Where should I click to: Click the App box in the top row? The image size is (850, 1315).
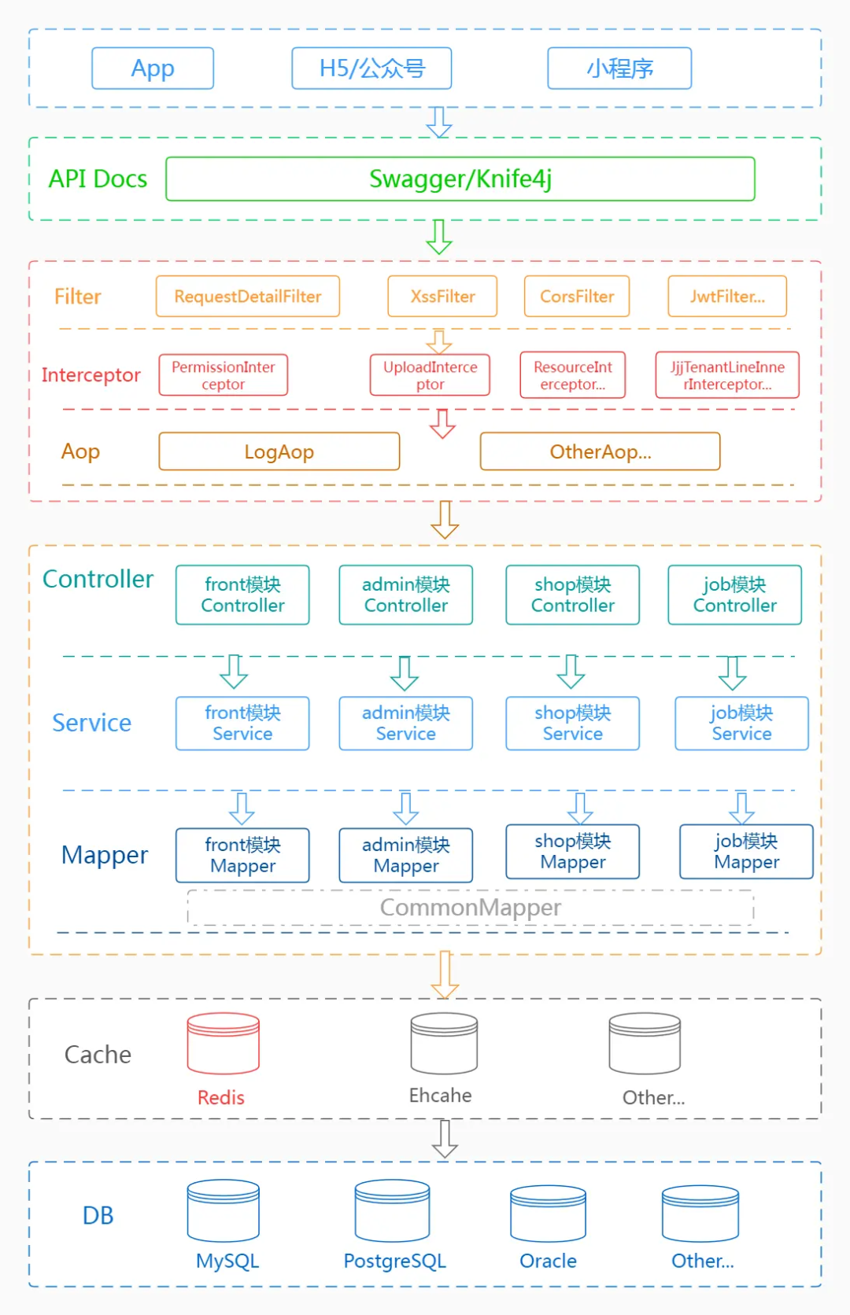pyautogui.click(x=153, y=68)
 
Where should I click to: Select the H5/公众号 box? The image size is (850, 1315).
pyautogui.click(x=371, y=68)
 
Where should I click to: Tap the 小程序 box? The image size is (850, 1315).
pyautogui.click(x=619, y=68)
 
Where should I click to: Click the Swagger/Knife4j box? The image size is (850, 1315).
pyautogui.click(x=460, y=179)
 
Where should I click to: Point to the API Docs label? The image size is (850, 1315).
pyautogui.click(x=98, y=179)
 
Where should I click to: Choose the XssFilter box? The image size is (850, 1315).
pyautogui.click(x=442, y=297)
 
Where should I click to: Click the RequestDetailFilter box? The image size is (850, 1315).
pyautogui.click(x=248, y=297)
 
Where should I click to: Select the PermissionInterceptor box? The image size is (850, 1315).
pyautogui.click(x=224, y=375)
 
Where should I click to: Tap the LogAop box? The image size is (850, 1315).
pyautogui.click(x=279, y=451)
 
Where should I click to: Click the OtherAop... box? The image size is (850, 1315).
pyautogui.click(x=600, y=451)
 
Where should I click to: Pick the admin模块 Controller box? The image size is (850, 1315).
pyautogui.click(x=406, y=595)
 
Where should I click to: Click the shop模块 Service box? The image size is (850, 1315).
pyautogui.click(x=572, y=723)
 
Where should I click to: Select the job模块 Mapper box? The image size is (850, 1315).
pyautogui.click(x=746, y=851)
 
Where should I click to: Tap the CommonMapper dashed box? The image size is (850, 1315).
pyautogui.click(x=471, y=908)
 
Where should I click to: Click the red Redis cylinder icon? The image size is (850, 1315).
pyautogui.click(x=224, y=1044)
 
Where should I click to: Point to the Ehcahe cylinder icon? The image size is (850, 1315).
pyautogui.click(x=444, y=1044)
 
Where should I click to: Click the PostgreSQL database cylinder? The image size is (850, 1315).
pyautogui.click(x=392, y=1211)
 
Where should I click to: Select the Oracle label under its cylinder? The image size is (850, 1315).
pyautogui.click(x=548, y=1261)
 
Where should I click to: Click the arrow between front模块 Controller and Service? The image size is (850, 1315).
pyautogui.click(x=234, y=671)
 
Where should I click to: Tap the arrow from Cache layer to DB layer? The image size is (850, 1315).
pyautogui.click(x=445, y=1138)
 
